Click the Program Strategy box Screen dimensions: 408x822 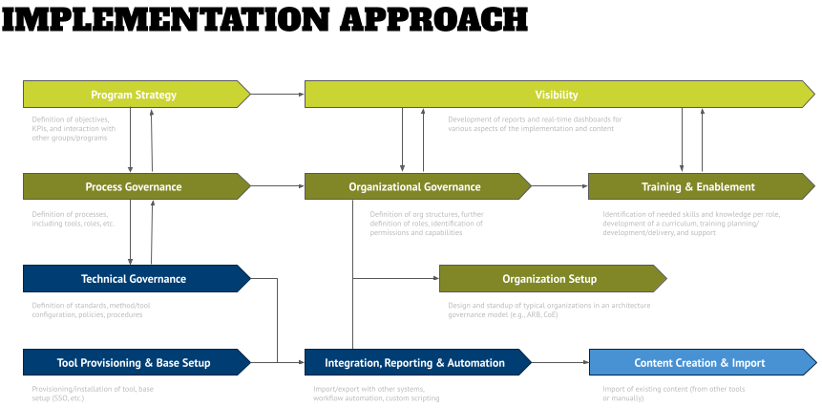click(134, 94)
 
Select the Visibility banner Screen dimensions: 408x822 click(556, 94)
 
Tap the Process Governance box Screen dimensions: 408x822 click(134, 186)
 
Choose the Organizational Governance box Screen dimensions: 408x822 click(414, 186)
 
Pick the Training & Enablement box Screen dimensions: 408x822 click(698, 186)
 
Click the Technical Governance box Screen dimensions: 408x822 click(134, 279)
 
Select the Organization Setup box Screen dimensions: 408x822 click(549, 279)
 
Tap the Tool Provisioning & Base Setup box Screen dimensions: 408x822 click(134, 362)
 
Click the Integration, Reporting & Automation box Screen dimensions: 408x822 click(414, 362)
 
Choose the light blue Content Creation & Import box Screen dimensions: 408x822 click(698, 362)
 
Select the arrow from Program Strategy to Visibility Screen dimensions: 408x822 click(277, 94)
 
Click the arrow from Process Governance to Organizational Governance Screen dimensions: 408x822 click(277, 186)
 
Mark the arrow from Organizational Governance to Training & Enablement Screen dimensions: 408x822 click(559, 186)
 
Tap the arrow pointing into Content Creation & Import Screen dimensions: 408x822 click(559, 362)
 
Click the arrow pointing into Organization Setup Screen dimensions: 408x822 click(395, 279)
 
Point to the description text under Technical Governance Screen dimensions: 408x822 click(91, 310)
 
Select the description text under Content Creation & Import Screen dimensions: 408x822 click(673, 393)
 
